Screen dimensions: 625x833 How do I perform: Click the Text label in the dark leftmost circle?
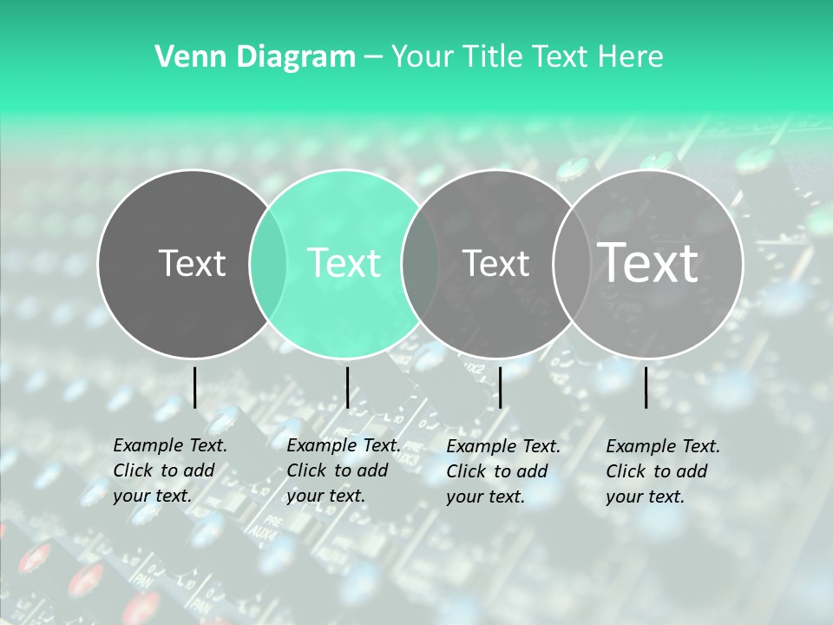point(192,263)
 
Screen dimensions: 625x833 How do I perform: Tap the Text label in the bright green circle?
point(344,263)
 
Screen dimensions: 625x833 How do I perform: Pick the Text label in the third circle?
point(495,263)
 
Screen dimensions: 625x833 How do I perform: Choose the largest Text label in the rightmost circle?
point(647,262)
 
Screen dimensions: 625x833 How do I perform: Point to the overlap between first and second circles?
point(268,264)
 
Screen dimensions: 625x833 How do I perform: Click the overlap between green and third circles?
point(420,264)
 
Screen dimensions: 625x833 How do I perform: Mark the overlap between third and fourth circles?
point(571,264)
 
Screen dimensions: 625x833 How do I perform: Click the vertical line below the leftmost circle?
point(194,387)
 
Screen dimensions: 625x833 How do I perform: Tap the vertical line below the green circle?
point(347,387)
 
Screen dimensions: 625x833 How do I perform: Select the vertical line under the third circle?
point(500,387)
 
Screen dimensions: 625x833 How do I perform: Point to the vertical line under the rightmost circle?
point(646,387)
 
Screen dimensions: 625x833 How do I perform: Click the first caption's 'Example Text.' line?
point(170,445)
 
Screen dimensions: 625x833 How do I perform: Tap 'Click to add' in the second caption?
point(337,470)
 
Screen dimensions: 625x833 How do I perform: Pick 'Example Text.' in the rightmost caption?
point(663,446)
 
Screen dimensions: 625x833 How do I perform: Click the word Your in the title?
point(424,57)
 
